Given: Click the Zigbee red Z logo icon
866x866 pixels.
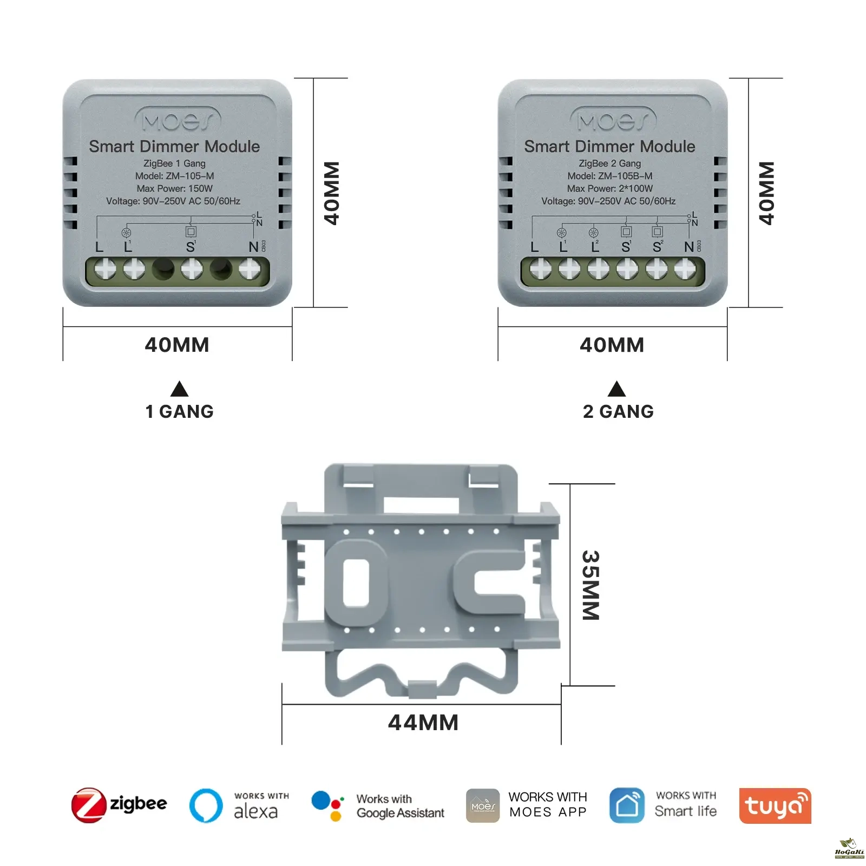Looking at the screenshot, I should point(89,805).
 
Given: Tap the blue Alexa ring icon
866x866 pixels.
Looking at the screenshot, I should point(206,805).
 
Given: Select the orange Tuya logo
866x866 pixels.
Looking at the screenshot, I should point(775,805).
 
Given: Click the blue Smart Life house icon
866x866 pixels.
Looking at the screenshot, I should point(627,805).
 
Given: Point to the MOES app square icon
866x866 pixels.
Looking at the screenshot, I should point(483,805).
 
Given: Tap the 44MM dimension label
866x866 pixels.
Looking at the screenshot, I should point(423,723).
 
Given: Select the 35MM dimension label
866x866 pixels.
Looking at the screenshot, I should point(591,585).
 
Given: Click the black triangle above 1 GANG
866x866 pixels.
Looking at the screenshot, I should point(179,389).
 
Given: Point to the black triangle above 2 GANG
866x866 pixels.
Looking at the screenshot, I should point(616,389).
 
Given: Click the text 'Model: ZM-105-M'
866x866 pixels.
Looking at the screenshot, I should point(174,176).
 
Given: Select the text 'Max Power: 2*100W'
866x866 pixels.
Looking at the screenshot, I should point(610,188).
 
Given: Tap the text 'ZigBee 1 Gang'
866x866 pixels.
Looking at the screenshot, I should point(174,163).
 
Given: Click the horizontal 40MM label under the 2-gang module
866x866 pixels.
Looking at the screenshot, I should point(612,345).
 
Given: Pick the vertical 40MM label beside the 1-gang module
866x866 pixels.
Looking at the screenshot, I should point(331,193).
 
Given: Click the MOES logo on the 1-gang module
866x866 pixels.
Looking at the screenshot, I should point(178,120).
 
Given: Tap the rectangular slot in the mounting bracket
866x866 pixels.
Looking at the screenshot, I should point(356,582).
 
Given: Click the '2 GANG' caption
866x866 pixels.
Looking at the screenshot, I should point(618,411).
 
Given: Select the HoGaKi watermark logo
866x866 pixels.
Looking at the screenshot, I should point(849,849).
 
